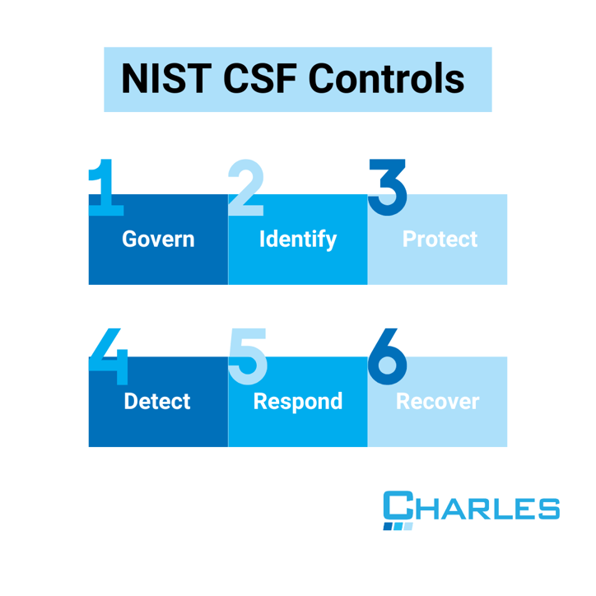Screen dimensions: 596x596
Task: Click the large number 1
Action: tap(105, 187)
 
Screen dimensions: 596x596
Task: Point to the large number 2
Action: tap(245, 187)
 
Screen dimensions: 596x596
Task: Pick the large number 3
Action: tap(387, 187)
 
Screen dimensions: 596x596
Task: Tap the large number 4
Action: tap(108, 356)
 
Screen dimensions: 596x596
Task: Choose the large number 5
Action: tap(247, 356)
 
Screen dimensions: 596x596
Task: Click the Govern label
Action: tap(158, 240)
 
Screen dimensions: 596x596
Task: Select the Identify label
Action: tap(298, 240)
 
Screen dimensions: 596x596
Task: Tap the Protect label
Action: tap(440, 240)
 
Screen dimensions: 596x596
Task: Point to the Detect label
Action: tap(156, 402)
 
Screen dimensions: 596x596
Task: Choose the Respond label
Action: tap(298, 402)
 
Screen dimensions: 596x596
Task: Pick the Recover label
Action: tap(437, 402)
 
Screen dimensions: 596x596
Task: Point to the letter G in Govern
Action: tap(129, 240)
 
